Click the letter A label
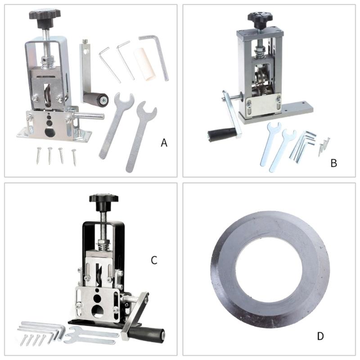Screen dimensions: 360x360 click(164, 143)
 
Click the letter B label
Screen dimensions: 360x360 click(333, 163)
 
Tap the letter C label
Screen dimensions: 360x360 click(154, 260)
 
